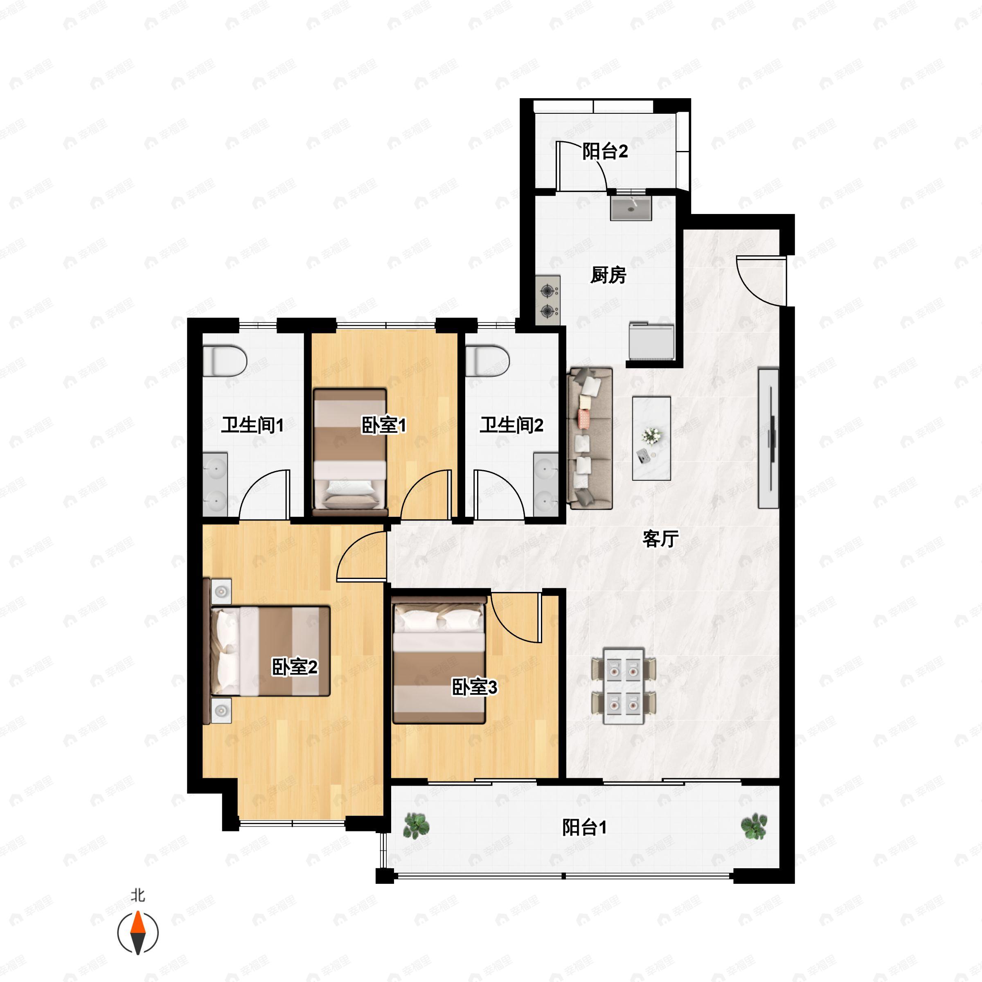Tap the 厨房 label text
pos(608,275)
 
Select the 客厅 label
pos(660,538)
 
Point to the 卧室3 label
pos(474,687)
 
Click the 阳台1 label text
pos(584,827)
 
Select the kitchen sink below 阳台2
pos(631,209)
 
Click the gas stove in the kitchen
pos(548,300)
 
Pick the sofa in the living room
pos(590,438)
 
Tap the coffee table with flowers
pos(651,438)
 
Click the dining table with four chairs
pos(624,686)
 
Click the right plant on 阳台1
pos(754,826)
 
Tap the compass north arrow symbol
pos(138,933)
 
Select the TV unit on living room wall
pos(768,438)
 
